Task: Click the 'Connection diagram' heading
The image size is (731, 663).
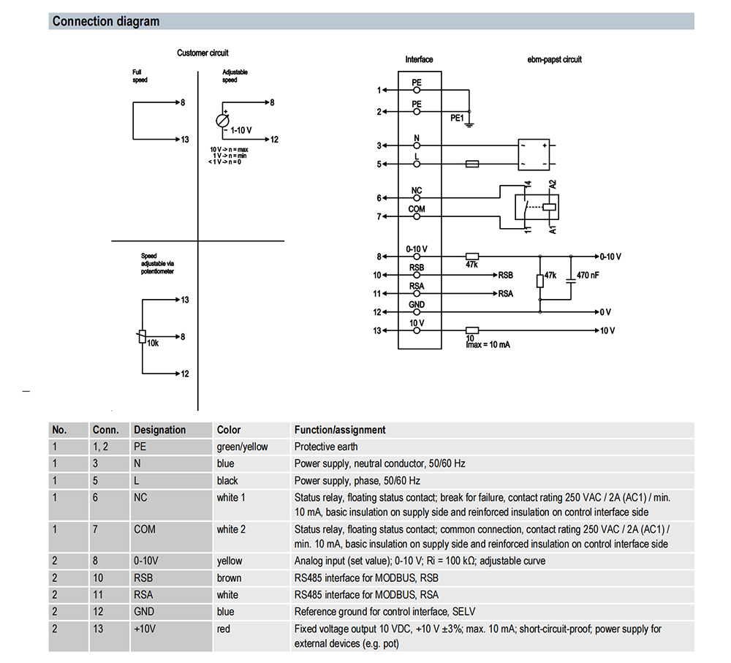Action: point(105,21)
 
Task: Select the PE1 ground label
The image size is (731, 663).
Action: point(456,117)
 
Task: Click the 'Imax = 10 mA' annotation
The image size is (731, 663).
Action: point(488,344)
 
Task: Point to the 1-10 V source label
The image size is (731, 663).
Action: point(241,130)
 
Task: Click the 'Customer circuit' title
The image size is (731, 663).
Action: point(202,53)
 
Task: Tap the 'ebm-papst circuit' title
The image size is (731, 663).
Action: point(554,59)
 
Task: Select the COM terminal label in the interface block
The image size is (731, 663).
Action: point(417,209)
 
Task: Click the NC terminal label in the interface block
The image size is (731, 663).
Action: point(417,191)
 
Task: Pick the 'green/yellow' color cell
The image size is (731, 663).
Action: point(242,447)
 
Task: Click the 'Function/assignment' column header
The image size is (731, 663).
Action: point(340,430)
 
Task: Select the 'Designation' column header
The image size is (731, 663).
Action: point(159,430)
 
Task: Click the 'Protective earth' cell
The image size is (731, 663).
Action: point(326,447)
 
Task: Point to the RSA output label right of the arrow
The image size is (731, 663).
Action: point(506,294)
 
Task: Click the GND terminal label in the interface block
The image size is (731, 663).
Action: point(417,305)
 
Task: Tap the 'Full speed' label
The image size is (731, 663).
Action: point(140,76)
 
